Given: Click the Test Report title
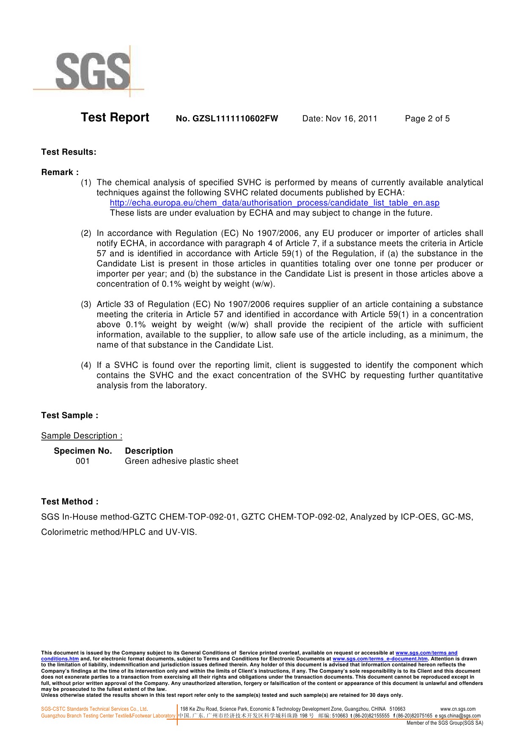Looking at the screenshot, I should (115, 118).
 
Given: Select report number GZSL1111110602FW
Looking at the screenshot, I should (227, 119).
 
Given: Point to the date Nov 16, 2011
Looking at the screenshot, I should (340, 119).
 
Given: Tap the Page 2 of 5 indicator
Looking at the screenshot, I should (427, 119).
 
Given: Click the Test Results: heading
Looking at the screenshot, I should (69, 152).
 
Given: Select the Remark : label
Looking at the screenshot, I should (60, 172).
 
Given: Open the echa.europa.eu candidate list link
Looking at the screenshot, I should (275, 203).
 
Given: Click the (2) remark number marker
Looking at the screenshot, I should (86, 233).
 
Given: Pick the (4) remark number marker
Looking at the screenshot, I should (86, 365).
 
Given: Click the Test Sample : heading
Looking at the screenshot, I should (69, 416).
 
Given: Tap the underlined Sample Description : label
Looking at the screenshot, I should (82, 436).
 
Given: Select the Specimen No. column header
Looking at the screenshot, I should (83, 451).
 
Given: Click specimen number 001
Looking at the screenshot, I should (83, 461).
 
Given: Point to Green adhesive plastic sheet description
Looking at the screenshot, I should (181, 461).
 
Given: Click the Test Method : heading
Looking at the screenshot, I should (70, 502).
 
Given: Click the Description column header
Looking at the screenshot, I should (149, 451).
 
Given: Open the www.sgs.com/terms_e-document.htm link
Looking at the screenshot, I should (380, 659).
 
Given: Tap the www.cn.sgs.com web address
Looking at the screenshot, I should (458, 709).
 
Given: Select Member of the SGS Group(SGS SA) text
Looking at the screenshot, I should (445, 723).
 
